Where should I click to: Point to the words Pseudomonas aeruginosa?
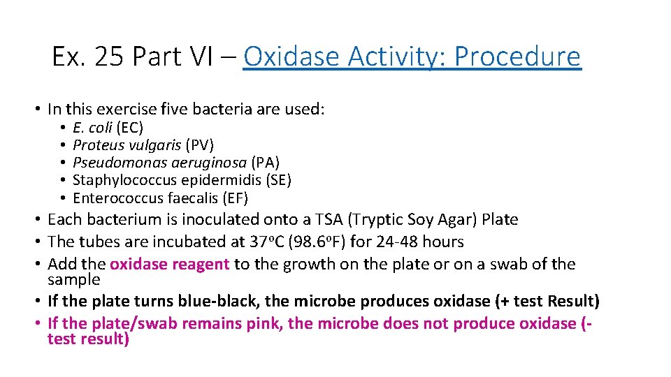[x=159, y=163]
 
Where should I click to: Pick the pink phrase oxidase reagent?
[x=169, y=265]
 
